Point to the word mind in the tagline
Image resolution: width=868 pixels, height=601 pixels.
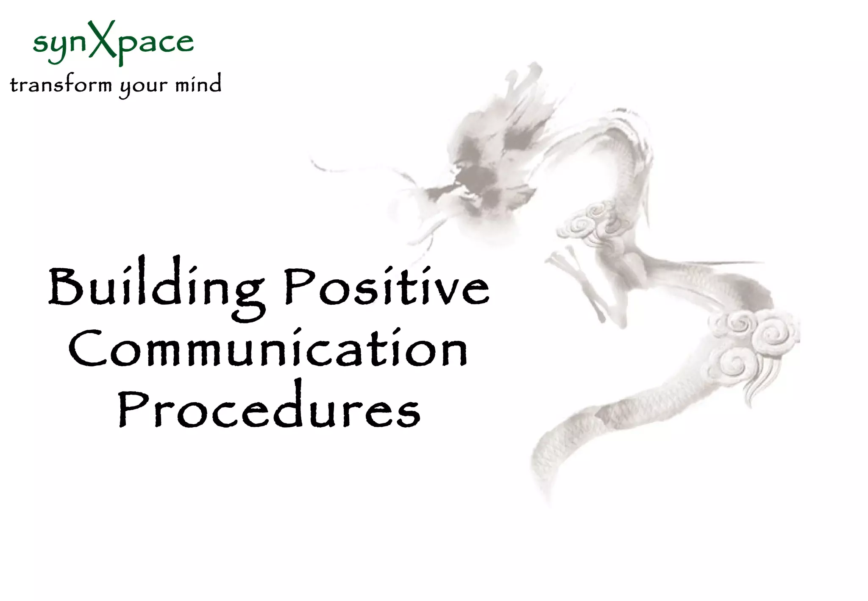198,83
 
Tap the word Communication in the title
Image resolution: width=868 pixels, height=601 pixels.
268,350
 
